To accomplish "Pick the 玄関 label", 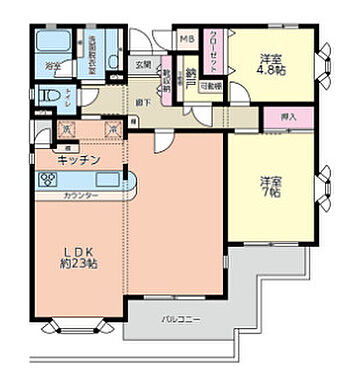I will pos(144,66).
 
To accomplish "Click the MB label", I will pos(186,40).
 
